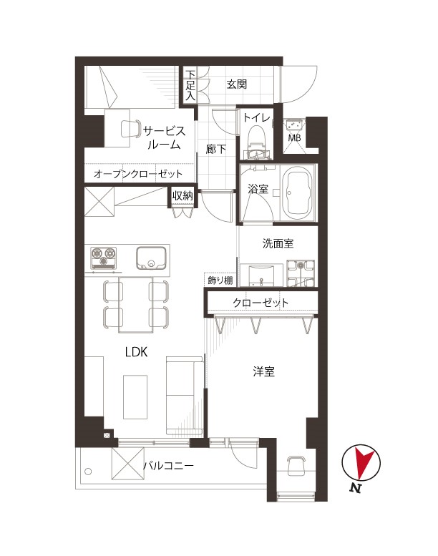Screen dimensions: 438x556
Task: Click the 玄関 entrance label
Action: tap(237, 84)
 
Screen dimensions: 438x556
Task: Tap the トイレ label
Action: tap(256, 117)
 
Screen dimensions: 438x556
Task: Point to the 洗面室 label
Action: tap(278, 243)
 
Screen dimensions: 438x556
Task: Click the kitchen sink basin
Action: tap(151, 258)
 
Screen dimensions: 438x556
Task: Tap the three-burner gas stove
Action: tap(104, 258)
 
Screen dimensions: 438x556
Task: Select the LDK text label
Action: tap(136, 352)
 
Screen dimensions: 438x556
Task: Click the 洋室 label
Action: tap(264, 371)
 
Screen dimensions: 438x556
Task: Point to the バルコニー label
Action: tap(169, 465)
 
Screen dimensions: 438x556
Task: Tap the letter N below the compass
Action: tap(356, 488)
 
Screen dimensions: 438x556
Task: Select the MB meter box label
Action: tap(294, 137)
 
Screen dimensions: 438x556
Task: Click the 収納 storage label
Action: tap(182, 195)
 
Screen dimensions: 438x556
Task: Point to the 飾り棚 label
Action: tap(220, 281)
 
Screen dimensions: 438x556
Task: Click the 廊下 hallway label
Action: tap(215, 149)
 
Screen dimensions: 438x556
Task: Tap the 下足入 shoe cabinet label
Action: tap(190, 84)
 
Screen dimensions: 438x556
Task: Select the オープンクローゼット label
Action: tap(138, 174)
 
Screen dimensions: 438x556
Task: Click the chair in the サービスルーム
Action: tap(130, 129)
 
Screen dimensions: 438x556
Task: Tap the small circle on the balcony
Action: tap(88, 472)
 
